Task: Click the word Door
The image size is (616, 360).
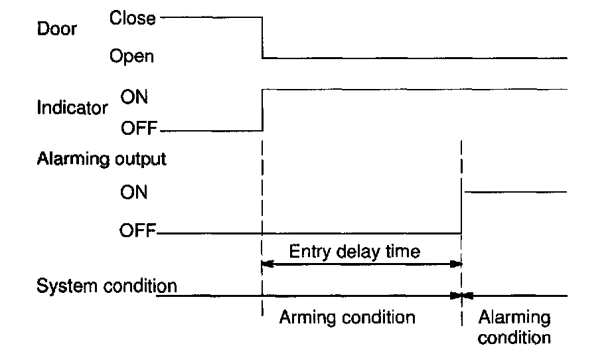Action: [x=56, y=29]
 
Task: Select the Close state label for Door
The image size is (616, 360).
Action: [x=133, y=18]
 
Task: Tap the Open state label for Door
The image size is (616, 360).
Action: [x=131, y=57]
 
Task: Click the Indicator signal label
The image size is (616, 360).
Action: [x=72, y=108]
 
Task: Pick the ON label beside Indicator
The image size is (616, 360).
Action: [x=134, y=97]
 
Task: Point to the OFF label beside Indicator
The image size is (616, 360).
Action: [x=137, y=128]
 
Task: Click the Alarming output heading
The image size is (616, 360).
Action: [x=102, y=159]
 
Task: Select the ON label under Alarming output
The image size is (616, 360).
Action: [x=134, y=193]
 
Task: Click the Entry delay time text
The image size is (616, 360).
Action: [x=354, y=252]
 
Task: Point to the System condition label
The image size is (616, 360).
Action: [x=107, y=286]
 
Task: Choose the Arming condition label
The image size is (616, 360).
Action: [x=346, y=317]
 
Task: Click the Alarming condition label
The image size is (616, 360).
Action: [x=514, y=327]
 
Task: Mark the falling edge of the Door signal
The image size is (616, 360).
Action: [x=264, y=38]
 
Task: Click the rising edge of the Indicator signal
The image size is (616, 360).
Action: [x=264, y=110]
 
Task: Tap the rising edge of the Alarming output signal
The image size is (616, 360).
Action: [x=462, y=213]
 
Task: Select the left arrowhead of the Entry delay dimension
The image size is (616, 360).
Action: [x=268, y=264]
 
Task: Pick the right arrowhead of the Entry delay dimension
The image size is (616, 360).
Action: [x=457, y=264]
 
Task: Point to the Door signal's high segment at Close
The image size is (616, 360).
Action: [x=211, y=18]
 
